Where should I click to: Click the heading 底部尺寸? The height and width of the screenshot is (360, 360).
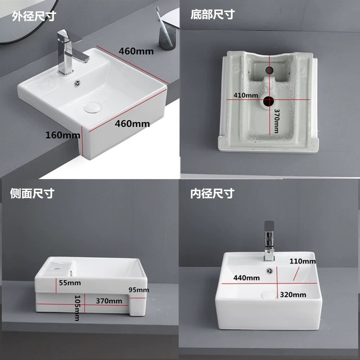212,14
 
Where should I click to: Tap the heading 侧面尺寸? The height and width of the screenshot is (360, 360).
32,193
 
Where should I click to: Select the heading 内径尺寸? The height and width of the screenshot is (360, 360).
212,193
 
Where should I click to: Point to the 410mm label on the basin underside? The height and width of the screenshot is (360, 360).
245,95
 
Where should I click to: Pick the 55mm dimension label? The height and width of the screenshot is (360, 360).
69,283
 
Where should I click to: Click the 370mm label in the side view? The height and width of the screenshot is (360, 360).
108,300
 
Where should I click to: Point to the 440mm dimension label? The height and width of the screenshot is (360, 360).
246,278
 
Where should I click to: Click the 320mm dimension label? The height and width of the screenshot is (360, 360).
292,295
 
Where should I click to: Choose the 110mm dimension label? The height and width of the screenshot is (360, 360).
302,261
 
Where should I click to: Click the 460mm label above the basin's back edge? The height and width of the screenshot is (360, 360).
136,51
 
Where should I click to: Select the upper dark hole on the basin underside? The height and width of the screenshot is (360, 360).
270,71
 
